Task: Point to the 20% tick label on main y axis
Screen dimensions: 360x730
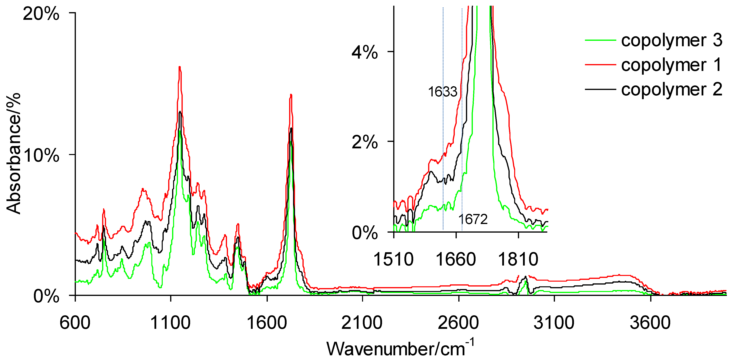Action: coord(41,14)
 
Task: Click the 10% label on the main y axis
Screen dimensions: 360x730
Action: coord(41,155)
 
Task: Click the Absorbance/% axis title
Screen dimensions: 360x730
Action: coord(14,153)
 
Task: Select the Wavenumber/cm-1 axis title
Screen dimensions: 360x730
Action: coord(400,348)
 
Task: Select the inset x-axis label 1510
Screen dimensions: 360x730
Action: coord(393,259)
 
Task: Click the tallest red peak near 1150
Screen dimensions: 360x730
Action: coord(179,67)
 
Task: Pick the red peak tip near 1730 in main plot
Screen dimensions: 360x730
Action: coord(291,95)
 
